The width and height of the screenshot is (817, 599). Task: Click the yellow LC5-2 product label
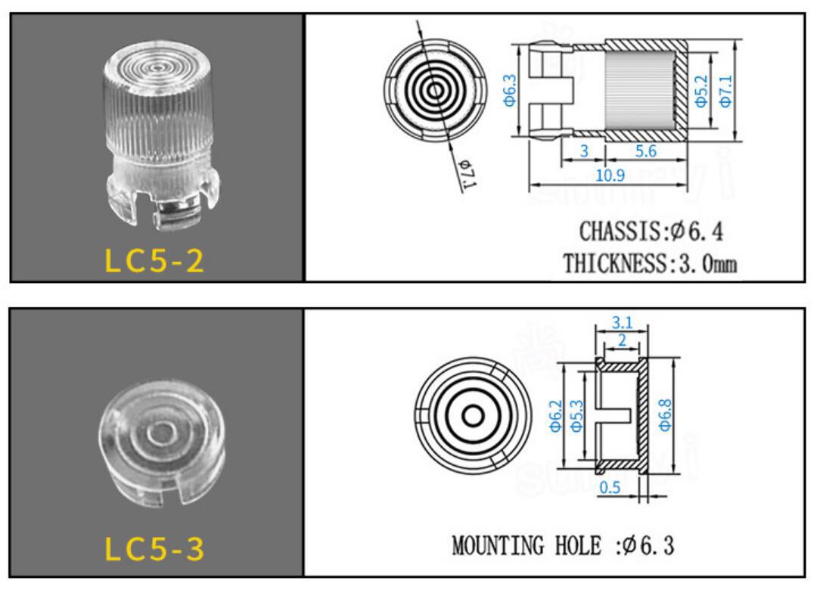pos(154,260)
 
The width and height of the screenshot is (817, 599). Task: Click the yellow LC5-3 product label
pos(154,548)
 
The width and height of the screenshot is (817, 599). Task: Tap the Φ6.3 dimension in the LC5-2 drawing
pos(510,90)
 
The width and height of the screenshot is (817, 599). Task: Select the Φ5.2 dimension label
pos(702,92)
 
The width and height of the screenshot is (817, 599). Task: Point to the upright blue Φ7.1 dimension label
pos(725,92)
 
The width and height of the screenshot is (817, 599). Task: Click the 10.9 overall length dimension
pos(610,175)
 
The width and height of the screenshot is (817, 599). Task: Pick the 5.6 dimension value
pos(645,151)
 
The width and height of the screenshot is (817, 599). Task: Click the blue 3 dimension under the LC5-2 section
pos(584,151)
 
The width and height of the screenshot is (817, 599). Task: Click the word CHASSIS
pos(620,231)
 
